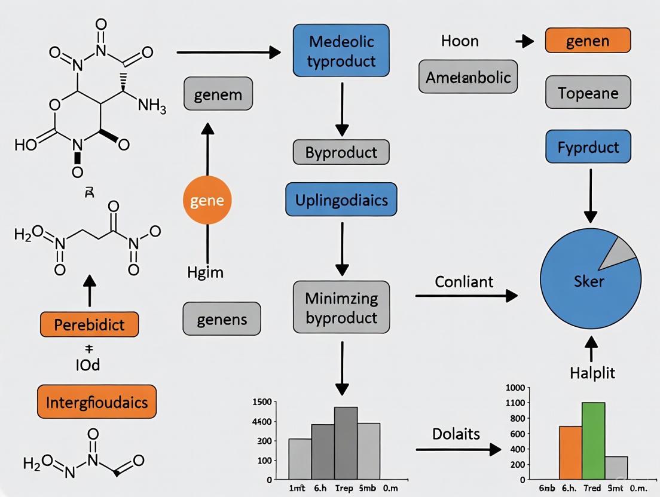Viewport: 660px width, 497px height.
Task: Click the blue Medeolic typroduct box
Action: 341,51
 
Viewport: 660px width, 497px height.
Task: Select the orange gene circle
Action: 206,201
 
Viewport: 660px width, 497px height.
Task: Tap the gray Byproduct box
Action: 341,152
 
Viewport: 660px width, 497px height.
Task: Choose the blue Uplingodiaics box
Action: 341,199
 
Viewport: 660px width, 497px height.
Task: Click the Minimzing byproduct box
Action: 341,308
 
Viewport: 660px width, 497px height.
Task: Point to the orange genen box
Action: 588,41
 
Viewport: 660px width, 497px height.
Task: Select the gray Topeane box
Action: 588,93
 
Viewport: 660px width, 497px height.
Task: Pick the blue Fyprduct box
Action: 588,146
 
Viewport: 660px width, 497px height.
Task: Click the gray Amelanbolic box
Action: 468,76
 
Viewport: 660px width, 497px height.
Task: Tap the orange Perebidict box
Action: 89,324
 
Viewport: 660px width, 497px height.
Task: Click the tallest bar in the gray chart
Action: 346,443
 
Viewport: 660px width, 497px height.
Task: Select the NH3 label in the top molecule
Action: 152,106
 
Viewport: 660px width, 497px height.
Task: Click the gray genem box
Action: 218,94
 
